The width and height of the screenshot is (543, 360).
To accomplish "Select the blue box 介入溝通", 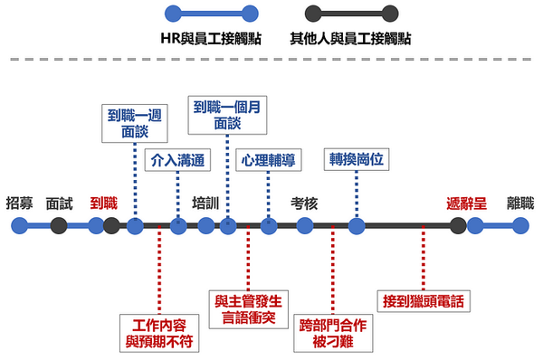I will (176, 161).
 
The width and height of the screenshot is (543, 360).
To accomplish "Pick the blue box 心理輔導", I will (268, 161).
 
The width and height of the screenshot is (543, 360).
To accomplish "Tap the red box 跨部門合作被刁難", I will (333, 331).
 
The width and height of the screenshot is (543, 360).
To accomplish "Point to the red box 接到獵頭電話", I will (423, 299).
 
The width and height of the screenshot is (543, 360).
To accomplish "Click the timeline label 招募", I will (19, 203).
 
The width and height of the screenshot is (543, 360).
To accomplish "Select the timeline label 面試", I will (58, 203).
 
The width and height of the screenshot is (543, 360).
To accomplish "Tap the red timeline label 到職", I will (103, 203).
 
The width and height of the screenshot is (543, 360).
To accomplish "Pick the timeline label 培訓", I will (206, 203).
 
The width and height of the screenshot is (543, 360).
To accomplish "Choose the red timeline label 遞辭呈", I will (466, 203).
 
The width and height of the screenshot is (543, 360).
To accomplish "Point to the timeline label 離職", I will (520, 203).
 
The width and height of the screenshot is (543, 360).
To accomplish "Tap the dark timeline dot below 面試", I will (58, 226).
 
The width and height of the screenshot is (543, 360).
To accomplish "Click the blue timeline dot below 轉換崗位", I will (357, 226).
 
